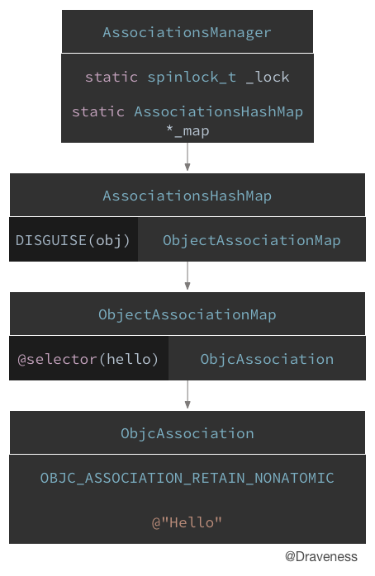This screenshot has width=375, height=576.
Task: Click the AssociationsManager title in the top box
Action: pyautogui.click(x=187, y=33)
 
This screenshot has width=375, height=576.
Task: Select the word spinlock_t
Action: pyautogui.click(x=192, y=77)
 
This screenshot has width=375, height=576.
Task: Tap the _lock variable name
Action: pyautogui.click(x=268, y=77)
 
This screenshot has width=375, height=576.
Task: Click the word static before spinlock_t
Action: pyautogui.click(x=112, y=77)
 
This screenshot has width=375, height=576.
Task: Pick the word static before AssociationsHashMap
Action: pyautogui.click(x=98, y=111)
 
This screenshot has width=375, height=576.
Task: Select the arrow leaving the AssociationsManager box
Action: pyautogui.click(x=187, y=157)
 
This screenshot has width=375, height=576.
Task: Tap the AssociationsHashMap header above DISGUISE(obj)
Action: pyautogui.click(x=187, y=196)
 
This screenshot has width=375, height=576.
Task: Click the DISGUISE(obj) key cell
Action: pyautogui.click(x=74, y=240)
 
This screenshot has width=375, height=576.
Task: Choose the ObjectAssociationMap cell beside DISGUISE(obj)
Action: pyautogui.click(x=251, y=240)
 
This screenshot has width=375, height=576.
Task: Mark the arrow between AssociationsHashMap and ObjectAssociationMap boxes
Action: pyautogui.click(x=187, y=276)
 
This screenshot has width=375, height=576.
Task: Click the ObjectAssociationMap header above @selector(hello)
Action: pyautogui.click(x=187, y=314)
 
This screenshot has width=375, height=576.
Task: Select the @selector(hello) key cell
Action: pyautogui.click(x=88, y=359)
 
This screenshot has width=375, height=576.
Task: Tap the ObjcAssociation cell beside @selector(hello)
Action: pyautogui.click(x=267, y=359)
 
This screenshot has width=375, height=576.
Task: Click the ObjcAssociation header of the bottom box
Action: pyautogui.click(x=187, y=433)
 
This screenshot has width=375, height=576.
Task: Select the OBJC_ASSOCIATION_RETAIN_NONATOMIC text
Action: pyautogui.click(x=187, y=478)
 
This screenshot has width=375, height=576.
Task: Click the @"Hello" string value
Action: pyautogui.click(x=187, y=522)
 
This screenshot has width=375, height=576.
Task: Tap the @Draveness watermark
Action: pyautogui.click(x=321, y=557)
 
